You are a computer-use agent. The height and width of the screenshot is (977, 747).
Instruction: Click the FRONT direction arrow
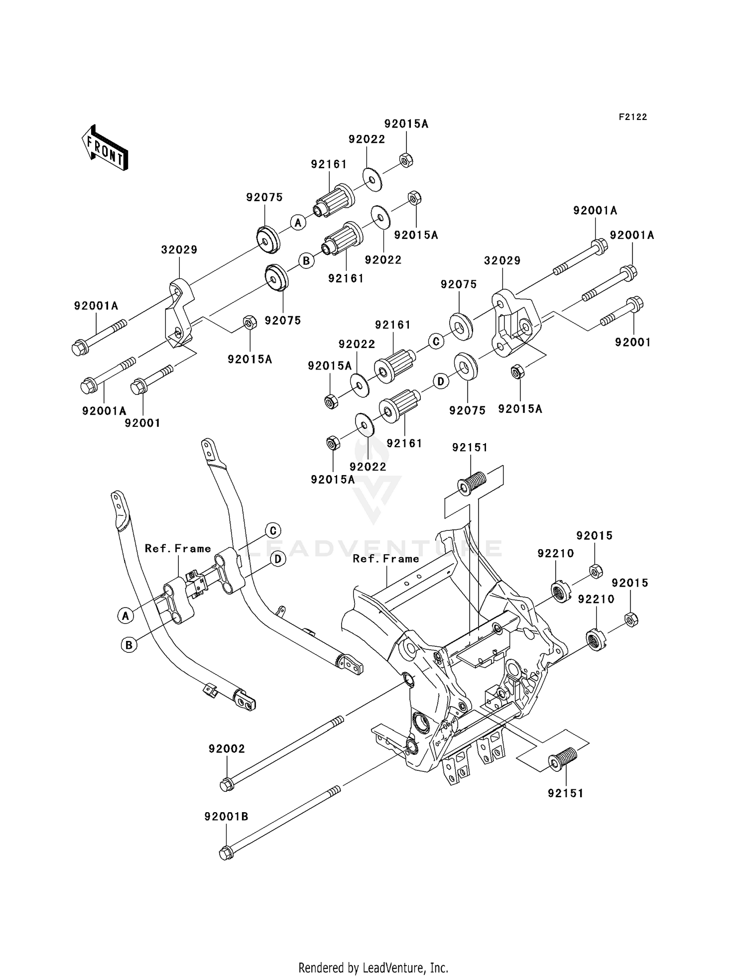pyautogui.click(x=105, y=148)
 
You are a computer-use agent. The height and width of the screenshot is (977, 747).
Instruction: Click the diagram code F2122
pyautogui.click(x=633, y=117)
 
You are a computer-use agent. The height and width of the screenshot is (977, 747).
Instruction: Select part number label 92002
pyautogui.click(x=227, y=749)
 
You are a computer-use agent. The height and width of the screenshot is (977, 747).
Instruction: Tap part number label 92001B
pyautogui.click(x=226, y=817)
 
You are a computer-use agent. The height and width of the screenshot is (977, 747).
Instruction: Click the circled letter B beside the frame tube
pyautogui.click(x=129, y=645)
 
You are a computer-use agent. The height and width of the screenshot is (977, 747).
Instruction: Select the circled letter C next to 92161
pyautogui.click(x=436, y=342)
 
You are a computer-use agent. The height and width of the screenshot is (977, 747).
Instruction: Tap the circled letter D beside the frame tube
pyautogui.click(x=278, y=559)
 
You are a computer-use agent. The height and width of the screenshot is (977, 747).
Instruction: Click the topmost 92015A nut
pyautogui.click(x=406, y=160)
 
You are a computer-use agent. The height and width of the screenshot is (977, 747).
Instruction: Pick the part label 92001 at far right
pyautogui.click(x=633, y=342)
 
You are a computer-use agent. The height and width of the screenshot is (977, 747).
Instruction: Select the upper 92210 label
pyautogui.click(x=556, y=553)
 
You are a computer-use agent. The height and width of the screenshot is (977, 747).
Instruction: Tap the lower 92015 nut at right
pyautogui.click(x=631, y=619)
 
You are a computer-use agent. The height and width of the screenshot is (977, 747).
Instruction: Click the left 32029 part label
pyautogui.click(x=179, y=249)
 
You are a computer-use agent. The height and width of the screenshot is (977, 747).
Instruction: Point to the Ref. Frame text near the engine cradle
pyautogui.click(x=386, y=559)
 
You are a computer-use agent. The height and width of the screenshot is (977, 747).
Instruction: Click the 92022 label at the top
pyautogui.click(x=367, y=139)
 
